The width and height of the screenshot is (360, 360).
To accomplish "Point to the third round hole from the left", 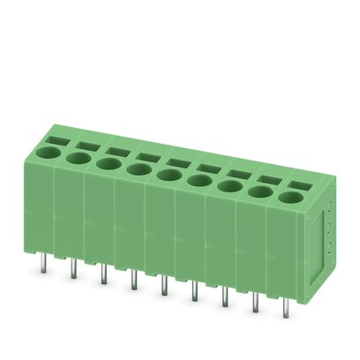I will point(108,163).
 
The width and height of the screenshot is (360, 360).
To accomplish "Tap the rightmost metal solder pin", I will point(285,309).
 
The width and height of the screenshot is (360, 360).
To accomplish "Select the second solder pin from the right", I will point(255,303).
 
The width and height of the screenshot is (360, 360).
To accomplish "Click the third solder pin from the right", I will point(224,297).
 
